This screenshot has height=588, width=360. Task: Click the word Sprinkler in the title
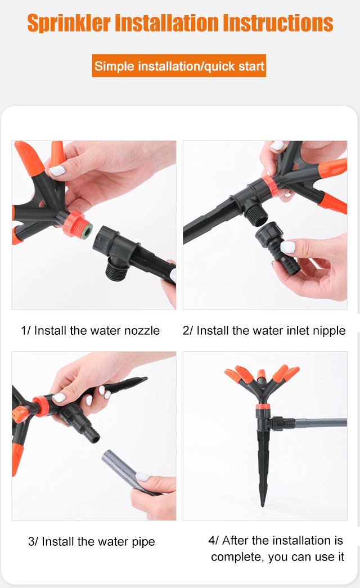click(69, 23)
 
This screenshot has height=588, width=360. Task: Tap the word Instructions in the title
click(278, 23)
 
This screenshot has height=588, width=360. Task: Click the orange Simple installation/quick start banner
click(179, 66)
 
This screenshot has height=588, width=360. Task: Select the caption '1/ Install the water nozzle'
click(90, 330)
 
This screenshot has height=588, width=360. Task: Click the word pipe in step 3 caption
click(143, 542)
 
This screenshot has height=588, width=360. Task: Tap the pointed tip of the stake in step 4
click(263, 505)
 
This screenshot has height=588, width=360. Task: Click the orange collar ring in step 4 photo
click(263, 406)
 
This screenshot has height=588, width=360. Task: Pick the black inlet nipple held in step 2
click(277, 247)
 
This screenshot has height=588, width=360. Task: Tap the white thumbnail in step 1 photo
click(57, 171)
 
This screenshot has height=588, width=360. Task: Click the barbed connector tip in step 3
click(92, 435)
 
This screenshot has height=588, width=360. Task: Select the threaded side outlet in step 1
click(117, 270)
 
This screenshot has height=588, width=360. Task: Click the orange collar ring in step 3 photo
click(40, 406)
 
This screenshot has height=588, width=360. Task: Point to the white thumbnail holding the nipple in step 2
click(287, 247)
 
